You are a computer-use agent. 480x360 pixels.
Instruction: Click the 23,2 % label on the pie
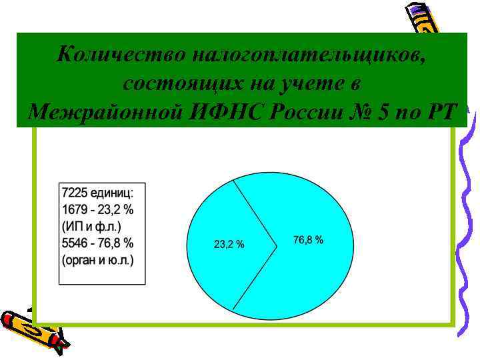229,245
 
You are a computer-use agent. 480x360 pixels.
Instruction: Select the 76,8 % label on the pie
309,239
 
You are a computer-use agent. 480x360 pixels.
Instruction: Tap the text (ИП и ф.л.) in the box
93,226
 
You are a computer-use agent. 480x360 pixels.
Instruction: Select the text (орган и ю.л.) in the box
97,259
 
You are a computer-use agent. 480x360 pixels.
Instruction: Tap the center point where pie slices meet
277,245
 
